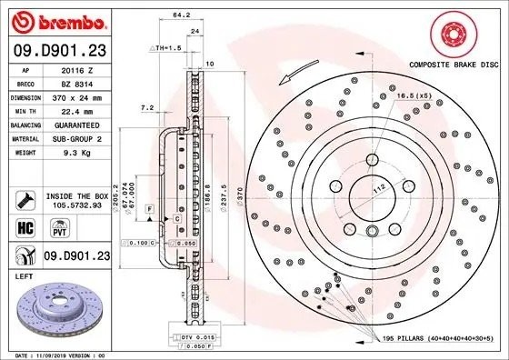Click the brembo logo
[56, 19]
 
